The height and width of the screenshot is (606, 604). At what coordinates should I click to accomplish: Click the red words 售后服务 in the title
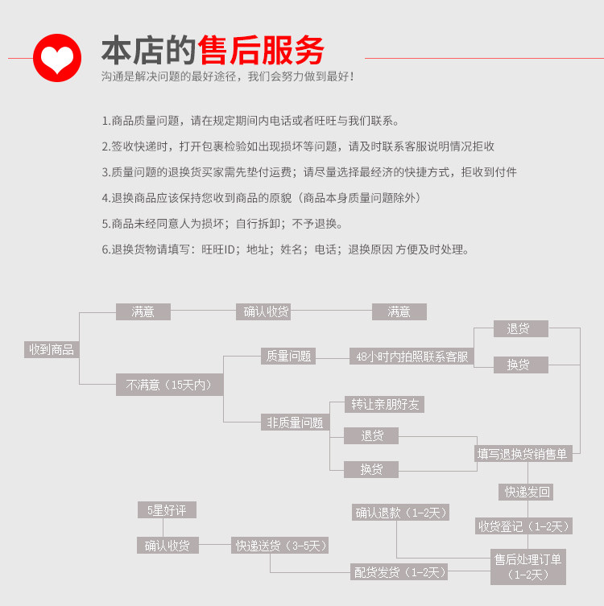tap(263, 50)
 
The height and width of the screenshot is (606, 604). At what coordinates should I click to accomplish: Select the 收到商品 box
tap(52, 349)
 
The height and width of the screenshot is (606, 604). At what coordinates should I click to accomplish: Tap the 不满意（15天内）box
tap(169, 385)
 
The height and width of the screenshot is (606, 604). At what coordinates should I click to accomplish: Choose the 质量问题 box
tap(288, 356)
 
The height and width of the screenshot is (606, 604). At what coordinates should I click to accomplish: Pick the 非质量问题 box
tap(295, 422)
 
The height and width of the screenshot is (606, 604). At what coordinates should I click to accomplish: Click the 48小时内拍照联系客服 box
tap(412, 357)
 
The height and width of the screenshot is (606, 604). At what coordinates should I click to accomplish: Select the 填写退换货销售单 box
tap(523, 454)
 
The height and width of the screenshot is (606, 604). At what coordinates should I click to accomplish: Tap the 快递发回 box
tap(528, 491)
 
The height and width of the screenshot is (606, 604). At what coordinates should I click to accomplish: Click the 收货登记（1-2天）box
tap(523, 526)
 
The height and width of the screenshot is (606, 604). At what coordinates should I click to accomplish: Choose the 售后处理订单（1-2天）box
tap(528, 567)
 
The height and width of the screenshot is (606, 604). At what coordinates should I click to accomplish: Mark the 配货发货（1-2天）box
tap(399, 572)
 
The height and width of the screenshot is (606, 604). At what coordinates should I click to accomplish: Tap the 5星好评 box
tap(168, 509)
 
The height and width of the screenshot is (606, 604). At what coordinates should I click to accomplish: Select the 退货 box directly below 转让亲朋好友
tap(371, 435)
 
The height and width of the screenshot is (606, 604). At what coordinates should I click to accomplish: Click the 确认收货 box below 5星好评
tap(168, 545)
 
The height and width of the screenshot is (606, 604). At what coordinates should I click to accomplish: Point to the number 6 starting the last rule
tap(105, 249)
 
